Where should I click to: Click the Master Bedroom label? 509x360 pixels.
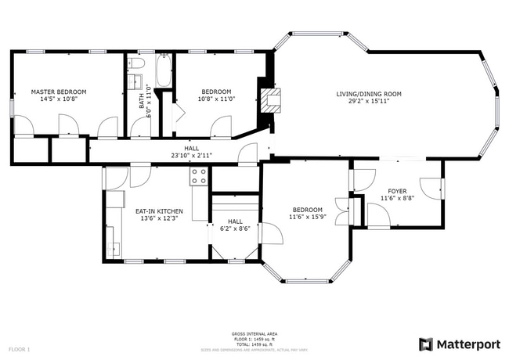pyautogui.click(x=59, y=92)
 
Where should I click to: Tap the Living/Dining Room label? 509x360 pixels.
pyautogui.click(x=369, y=94)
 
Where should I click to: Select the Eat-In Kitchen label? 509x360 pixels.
pyautogui.click(x=159, y=211)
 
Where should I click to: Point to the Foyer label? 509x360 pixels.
pyautogui.click(x=398, y=191)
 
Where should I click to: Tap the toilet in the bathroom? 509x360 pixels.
pyautogui.click(x=136, y=63)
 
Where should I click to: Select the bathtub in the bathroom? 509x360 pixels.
pyautogui.click(x=164, y=70)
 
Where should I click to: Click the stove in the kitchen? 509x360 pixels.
pyautogui.click(x=199, y=178)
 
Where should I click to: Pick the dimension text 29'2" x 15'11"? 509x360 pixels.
pyautogui.click(x=369, y=101)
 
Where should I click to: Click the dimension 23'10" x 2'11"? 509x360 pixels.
pyautogui.click(x=192, y=155)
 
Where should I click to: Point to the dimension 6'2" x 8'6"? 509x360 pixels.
pyautogui.click(x=233, y=229)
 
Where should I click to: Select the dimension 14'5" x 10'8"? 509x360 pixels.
pyautogui.click(x=59, y=99)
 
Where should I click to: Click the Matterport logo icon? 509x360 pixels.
pyautogui.click(x=426, y=344)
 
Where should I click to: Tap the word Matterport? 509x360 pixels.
pyautogui.click(x=468, y=344)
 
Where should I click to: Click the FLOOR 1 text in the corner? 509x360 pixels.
pyautogui.click(x=19, y=348)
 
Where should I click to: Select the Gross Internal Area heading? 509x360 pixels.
pyautogui.click(x=254, y=333)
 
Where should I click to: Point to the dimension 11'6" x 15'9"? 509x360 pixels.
pyautogui.click(x=308, y=218)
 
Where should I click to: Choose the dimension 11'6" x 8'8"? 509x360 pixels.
pyautogui.click(x=398, y=199)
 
